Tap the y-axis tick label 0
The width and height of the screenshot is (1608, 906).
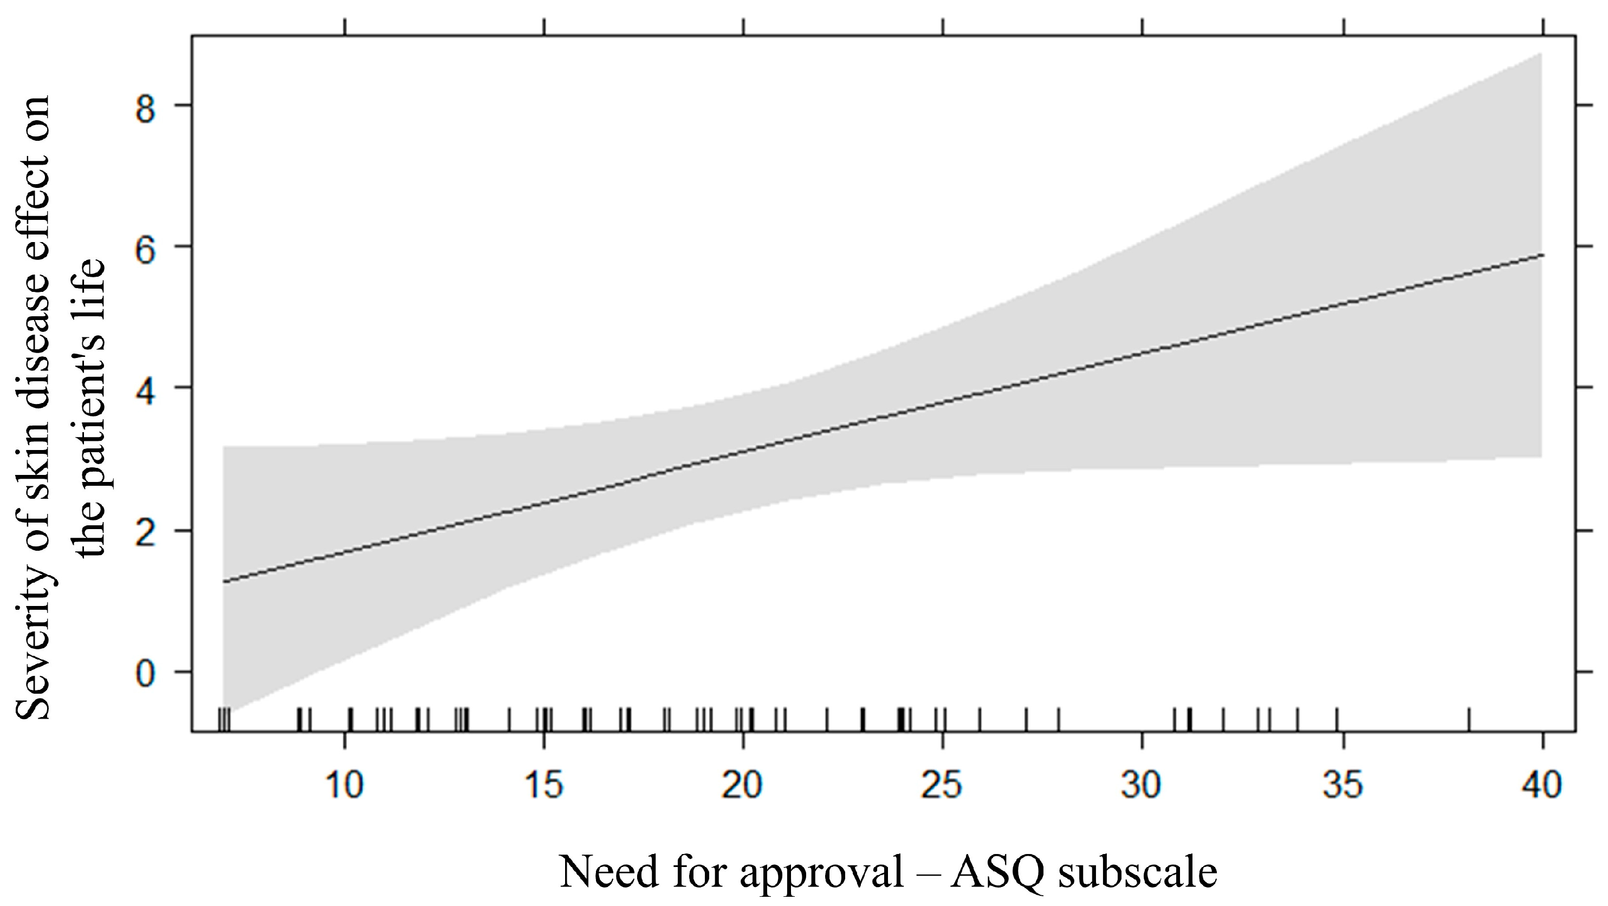tap(145, 673)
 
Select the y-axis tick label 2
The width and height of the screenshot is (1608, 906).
tap(145, 532)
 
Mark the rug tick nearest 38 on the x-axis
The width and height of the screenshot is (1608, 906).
tap(1468, 719)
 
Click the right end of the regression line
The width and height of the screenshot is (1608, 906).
tap(1541, 255)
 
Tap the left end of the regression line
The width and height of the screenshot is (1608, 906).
tap(223, 582)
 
